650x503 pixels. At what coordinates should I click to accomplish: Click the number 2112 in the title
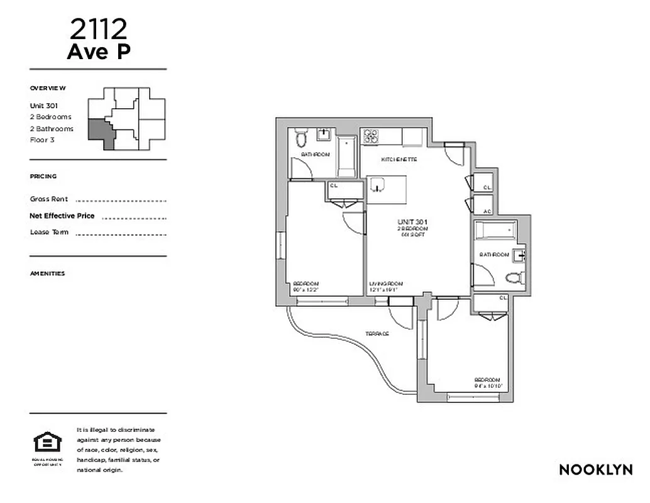point(99,28)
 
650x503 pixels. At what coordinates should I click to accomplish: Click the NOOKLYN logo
point(595,470)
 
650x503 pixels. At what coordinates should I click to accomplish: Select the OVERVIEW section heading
point(48,89)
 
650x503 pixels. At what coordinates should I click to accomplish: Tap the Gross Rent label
point(49,199)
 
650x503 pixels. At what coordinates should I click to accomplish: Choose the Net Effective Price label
point(62,216)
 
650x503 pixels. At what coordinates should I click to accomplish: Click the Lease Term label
point(49,233)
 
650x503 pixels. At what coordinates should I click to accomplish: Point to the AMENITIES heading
point(47,274)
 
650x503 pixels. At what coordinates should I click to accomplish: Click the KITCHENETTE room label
point(399,160)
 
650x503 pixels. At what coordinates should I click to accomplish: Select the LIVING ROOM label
point(386,283)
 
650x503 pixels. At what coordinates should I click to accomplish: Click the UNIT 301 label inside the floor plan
point(412,222)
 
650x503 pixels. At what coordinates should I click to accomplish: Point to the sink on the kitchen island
point(378,185)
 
